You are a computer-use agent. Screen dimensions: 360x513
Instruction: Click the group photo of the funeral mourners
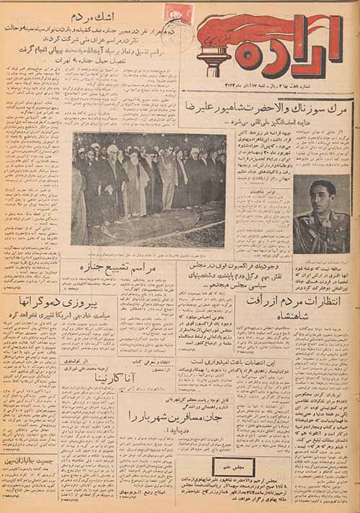point(148,189)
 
